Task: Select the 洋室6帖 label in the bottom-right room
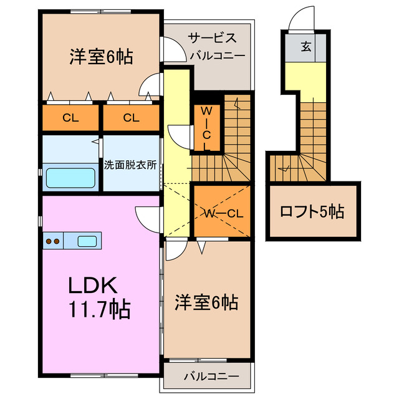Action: [x=206, y=303]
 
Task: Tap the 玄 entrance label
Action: [x=307, y=46]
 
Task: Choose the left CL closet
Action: [x=70, y=118]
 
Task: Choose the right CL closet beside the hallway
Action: [x=130, y=118]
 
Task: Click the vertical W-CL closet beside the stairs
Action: [x=207, y=128]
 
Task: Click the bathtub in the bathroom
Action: [x=70, y=177]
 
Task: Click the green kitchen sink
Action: [x=87, y=241]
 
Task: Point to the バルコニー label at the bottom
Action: [x=211, y=377]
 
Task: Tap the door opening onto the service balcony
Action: [x=168, y=47]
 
